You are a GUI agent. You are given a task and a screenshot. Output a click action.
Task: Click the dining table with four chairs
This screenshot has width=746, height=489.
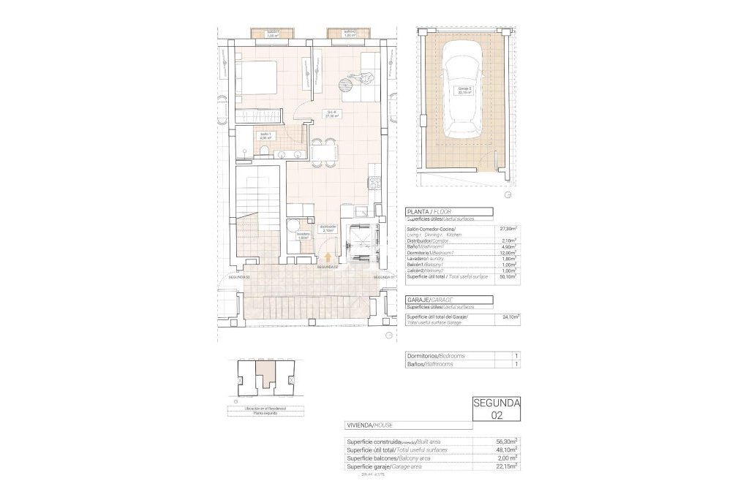324,151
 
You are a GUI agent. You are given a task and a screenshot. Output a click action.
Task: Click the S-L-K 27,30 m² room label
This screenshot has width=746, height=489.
333,114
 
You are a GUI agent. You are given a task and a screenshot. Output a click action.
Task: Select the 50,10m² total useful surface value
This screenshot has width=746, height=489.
508,277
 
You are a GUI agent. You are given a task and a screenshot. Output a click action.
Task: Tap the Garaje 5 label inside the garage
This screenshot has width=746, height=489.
465,91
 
